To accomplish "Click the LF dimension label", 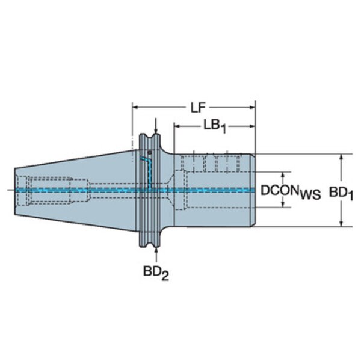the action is [198, 108].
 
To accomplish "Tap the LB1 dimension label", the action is [215, 126].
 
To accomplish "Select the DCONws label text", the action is [291, 192].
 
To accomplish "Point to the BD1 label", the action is [341, 193].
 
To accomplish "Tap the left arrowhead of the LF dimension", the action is [135, 107].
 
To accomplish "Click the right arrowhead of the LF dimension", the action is [252, 107].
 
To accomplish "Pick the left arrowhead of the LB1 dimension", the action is [177, 126].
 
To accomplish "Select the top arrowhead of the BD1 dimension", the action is [341, 157].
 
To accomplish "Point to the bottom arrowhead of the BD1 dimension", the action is [341, 223].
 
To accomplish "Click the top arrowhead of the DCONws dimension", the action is [283, 175].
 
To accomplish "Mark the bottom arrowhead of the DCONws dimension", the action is [283, 204].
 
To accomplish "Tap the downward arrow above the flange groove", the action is [156, 126].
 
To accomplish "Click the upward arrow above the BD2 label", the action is [156, 255].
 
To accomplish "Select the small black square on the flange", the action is [150, 153].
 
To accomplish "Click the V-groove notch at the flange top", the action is [150, 138].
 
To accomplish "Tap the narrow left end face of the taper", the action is [14, 191].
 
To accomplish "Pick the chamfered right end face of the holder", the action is [253, 190].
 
